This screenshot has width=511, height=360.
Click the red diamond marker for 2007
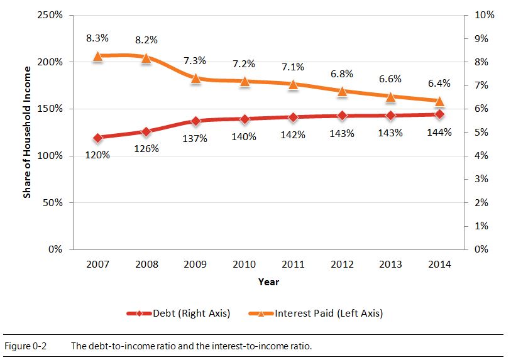point(97,138)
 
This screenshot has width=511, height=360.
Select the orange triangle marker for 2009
point(195,79)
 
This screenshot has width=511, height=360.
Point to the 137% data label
point(195,138)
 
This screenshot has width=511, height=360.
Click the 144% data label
point(439,133)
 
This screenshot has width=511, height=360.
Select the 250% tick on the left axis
point(50,15)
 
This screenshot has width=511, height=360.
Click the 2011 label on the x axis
point(293,265)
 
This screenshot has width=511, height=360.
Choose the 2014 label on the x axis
point(439,265)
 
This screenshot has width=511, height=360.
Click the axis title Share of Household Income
point(27,133)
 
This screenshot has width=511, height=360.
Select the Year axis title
point(268,282)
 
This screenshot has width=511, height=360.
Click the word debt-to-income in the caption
point(119,346)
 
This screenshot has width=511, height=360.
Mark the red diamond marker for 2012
point(342,116)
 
